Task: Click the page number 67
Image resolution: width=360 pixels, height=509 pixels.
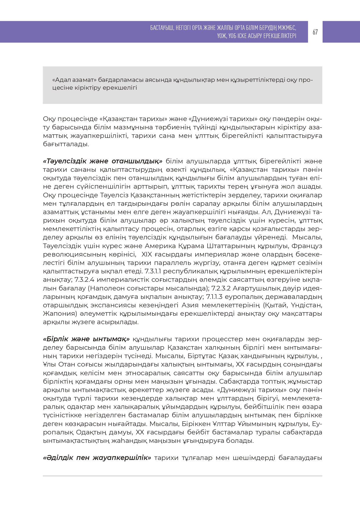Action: tap(315, 32)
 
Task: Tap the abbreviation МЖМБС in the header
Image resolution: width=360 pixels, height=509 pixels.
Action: tap(287, 28)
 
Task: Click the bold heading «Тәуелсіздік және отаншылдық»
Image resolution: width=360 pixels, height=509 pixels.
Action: tap(103, 161)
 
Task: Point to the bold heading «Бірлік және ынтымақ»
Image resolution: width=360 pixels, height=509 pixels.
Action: tap(86, 339)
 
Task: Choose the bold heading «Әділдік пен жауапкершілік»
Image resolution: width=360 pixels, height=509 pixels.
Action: tap(97, 458)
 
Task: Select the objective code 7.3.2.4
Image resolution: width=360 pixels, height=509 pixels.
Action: tap(85, 280)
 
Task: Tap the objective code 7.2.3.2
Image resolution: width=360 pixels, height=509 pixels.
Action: tap(221, 288)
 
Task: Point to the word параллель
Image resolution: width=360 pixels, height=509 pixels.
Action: tap(171, 263)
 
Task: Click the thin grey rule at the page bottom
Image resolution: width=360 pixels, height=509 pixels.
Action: tap(182, 476)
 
